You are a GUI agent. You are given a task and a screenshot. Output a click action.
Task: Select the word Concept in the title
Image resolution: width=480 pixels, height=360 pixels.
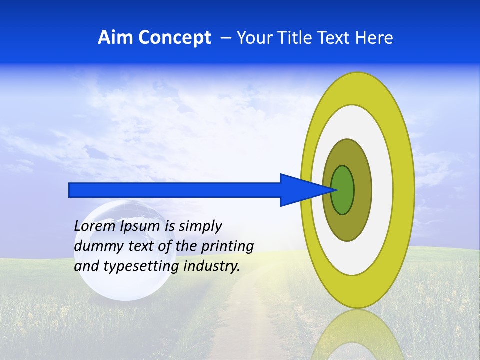174,38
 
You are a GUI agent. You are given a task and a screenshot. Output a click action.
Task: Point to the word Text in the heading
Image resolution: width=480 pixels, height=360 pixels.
334,38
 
